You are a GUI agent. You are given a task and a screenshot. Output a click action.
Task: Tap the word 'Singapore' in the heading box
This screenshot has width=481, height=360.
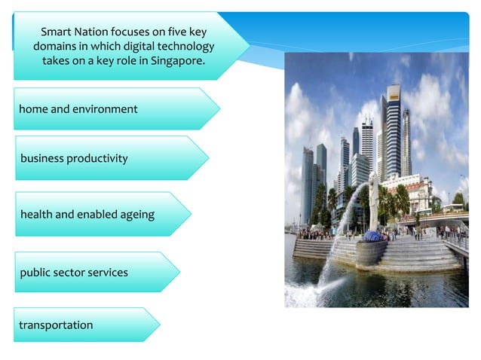[x=178, y=60]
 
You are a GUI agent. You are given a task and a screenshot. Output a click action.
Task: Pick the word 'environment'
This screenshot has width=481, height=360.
[x=105, y=109]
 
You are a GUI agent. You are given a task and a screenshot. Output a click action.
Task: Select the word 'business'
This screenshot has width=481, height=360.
[x=42, y=158]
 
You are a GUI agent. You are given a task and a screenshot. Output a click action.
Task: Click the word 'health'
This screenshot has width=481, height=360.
[x=36, y=215]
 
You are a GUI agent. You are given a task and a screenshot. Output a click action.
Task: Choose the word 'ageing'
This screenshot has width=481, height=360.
[x=136, y=215]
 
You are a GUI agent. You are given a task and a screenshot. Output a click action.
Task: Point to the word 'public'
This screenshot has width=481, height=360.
[x=36, y=272]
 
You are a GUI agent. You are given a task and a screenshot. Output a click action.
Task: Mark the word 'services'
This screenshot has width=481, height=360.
[x=109, y=272]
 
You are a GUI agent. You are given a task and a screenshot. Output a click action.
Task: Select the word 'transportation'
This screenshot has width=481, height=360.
[x=57, y=325]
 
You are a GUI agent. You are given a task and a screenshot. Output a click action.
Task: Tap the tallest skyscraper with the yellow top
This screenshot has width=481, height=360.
[x=392, y=128]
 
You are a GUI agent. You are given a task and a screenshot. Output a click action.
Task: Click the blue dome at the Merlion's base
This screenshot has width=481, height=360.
[x=372, y=236]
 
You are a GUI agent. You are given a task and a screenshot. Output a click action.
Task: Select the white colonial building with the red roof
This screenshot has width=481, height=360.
[x=411, y=192]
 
